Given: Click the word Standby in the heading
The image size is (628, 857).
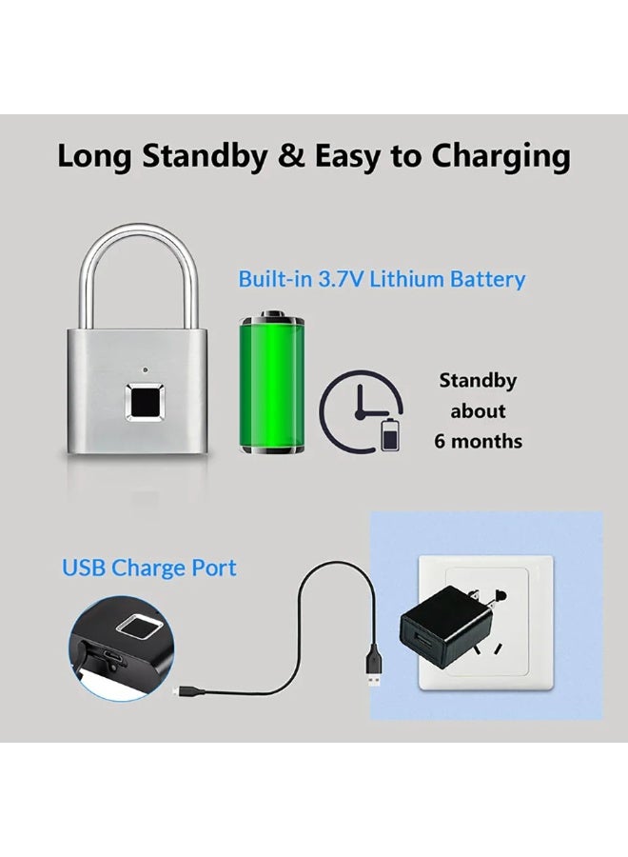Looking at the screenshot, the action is [x=205, y=157].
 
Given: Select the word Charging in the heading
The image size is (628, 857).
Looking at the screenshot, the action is [x=500, y=157].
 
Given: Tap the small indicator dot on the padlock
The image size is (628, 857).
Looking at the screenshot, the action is [x=145, y=369].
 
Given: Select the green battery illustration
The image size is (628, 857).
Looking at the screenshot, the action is [x=272, y=382].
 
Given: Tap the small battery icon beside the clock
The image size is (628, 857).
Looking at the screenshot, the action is [x=389, y=434].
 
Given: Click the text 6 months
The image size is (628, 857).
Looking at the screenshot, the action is [x=478, y=441].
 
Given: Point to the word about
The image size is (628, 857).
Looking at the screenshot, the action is [x=478, y=410].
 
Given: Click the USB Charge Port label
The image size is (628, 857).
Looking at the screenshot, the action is [x=149, y=568].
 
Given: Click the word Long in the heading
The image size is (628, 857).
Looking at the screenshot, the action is [x=94, y=157].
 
